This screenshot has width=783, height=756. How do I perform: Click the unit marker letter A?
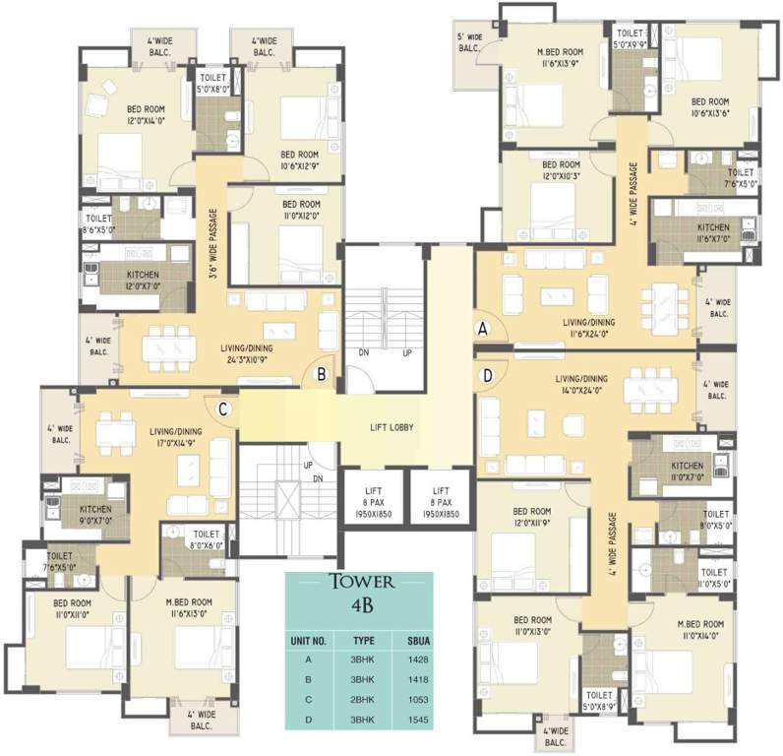click(483, 332)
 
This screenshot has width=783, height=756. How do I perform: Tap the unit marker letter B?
click(321, 373)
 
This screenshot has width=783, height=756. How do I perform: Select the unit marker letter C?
click(223, 409)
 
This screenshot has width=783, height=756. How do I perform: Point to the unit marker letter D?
click(485, 374)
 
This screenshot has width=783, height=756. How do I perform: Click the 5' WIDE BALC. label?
click(468, 42)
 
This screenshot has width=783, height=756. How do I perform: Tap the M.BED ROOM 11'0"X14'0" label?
click(700, 631)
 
